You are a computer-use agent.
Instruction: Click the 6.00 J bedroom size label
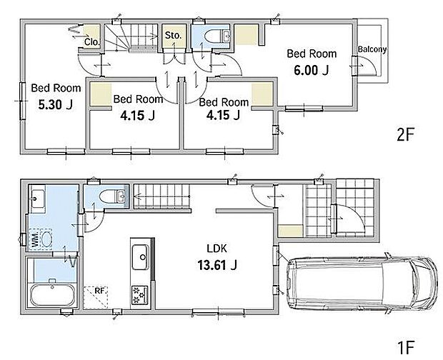[x=311, y=70]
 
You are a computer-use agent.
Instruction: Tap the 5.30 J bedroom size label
[x=56, y=105]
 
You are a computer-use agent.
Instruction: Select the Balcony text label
[x=372, y=49]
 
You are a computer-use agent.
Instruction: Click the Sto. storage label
[x=173, y=35]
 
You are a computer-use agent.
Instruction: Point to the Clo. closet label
[x=92, y=42]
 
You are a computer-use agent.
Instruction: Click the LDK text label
[x=216, y=249]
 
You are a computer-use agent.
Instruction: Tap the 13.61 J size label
[x=216, y=265]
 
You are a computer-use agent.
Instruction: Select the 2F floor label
[x=405, y=134]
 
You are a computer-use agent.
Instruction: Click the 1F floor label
[x=406, y=347]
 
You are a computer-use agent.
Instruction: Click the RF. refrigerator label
[x=99, y=291]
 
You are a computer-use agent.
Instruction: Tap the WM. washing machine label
[x=35, y=240]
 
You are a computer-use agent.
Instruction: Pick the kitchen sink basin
[x=141, y=257]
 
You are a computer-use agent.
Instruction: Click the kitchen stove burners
[x=139, y=295]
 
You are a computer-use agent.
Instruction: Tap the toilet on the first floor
[x=112, y=196]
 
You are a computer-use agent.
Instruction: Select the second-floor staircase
[x=131, y=37]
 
